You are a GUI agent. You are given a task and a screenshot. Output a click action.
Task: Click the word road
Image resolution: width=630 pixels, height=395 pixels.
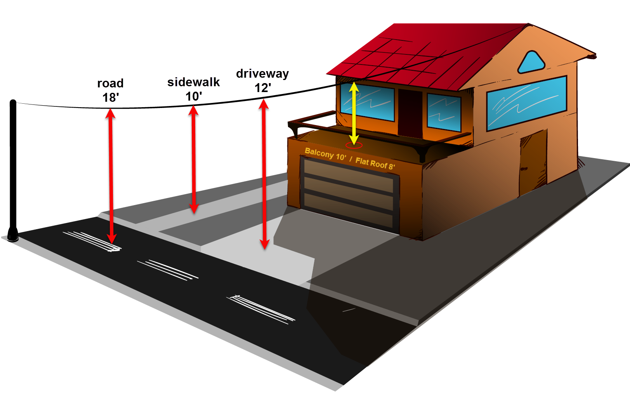[110, 83]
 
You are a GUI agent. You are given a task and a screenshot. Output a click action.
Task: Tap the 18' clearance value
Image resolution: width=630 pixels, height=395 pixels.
[111, 97]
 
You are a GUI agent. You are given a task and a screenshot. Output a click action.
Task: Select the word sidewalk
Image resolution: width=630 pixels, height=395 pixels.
[193, 82]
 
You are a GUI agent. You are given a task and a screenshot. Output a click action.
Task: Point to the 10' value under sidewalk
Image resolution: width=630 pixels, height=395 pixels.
[193, 96]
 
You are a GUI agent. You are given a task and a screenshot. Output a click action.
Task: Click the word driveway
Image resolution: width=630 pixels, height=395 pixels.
[262, 73]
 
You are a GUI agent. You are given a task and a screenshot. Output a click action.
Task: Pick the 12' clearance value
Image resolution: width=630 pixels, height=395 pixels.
[263, 88]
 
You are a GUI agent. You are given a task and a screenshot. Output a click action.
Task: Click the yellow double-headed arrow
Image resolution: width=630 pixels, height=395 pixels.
[354, 113]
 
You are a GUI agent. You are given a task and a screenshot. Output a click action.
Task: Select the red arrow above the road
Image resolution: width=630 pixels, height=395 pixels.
[111, 175]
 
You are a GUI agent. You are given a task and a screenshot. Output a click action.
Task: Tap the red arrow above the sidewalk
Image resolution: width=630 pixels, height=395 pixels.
[194, 159]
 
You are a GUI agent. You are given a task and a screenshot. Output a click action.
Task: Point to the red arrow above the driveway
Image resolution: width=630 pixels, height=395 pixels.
[264, 175]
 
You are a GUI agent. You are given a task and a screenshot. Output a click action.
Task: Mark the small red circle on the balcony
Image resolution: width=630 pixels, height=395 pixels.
[354, 146]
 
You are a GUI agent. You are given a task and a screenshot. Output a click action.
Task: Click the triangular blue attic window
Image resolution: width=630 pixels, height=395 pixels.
[531, 63]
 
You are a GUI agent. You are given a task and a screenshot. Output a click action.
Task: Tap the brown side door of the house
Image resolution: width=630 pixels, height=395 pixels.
[533, 163]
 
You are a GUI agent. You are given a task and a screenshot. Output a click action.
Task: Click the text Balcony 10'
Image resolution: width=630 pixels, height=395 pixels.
[325, 154]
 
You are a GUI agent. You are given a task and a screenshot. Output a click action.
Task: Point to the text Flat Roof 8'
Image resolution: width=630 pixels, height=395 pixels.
[375, 163]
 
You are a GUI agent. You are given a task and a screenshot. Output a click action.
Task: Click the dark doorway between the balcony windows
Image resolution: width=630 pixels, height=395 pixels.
[410, 113]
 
